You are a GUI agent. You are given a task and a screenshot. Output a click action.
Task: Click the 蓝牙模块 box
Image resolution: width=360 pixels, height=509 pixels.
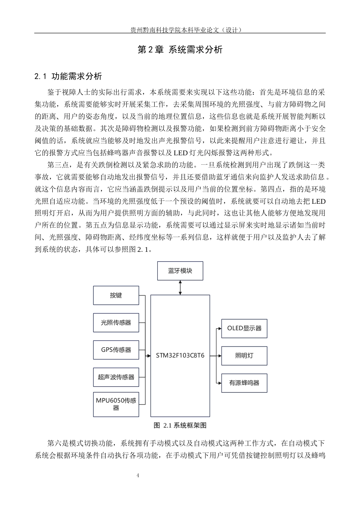[180, 271]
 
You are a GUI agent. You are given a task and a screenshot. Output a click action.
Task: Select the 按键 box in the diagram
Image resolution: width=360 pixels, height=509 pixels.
[116, 295]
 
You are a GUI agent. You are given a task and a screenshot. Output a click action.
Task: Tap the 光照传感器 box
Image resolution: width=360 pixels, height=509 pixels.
[116, 322]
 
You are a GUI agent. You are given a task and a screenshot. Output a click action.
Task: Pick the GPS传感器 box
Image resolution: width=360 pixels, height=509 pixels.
[116, 350]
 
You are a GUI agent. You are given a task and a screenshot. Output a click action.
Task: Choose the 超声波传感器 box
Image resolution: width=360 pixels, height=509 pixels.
[116, 377]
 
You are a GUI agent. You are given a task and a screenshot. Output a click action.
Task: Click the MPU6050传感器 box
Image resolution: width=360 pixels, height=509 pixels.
[116, 404]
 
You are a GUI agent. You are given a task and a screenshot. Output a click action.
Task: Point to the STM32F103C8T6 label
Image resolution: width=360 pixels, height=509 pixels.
[180, 355]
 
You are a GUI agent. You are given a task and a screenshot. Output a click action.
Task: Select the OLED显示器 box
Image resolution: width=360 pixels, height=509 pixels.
[244, 328]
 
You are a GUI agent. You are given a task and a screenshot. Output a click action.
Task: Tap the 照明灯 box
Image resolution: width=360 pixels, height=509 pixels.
[244, 356]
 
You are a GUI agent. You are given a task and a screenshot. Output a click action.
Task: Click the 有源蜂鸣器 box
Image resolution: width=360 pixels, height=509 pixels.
[244, 383]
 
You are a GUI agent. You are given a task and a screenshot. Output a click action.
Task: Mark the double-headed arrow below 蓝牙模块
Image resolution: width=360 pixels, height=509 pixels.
[180, 287]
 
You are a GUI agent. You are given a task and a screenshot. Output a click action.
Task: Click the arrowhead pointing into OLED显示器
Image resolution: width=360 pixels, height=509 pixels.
[220, 328]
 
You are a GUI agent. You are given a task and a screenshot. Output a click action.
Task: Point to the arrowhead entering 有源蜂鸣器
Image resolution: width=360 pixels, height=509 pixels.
[220, 383]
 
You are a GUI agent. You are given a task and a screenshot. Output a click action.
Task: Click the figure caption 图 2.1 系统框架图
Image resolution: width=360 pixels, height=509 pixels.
[180, 425]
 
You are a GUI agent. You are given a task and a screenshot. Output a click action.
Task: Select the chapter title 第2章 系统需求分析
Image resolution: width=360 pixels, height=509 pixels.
[180, 50]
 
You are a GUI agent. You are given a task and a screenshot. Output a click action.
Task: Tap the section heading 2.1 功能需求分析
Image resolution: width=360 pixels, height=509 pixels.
[68, 77]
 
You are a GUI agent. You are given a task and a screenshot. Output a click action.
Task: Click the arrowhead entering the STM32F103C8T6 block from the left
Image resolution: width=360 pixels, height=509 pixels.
[149, 356]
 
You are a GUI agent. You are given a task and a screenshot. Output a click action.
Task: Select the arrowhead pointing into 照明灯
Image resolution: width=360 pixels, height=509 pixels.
[220, 356]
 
